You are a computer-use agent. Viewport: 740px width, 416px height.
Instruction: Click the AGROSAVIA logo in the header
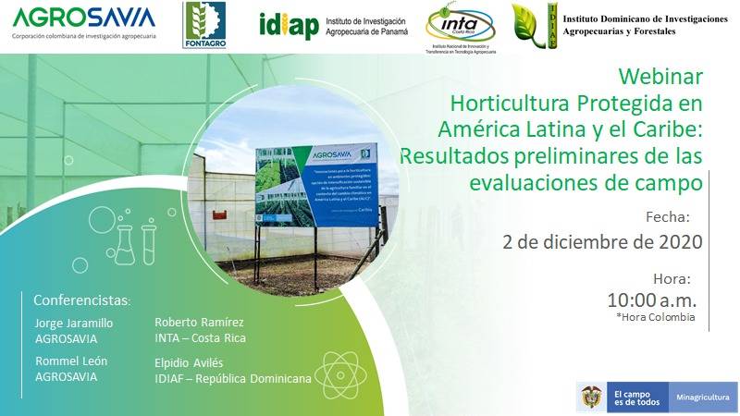coord(83,18)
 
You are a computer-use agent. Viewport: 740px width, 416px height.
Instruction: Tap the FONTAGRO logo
coord(203,26)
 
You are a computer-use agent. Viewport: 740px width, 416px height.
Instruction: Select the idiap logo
coord(289,26)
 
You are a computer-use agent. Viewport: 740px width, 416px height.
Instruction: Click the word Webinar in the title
coord(660,76)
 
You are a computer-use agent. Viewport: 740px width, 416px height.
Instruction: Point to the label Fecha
coord(668,218)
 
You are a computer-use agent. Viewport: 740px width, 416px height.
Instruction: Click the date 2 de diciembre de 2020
coord(602,242)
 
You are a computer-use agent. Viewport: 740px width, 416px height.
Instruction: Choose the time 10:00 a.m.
coord(652,300)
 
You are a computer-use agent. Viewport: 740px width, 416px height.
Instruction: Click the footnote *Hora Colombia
coord(656,317)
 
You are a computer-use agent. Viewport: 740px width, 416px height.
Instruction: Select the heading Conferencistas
coord(82,301)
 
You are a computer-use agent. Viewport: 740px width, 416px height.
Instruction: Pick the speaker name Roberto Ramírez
coord(199,323)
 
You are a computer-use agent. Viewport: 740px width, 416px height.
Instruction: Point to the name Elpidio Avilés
coord(189,363)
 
